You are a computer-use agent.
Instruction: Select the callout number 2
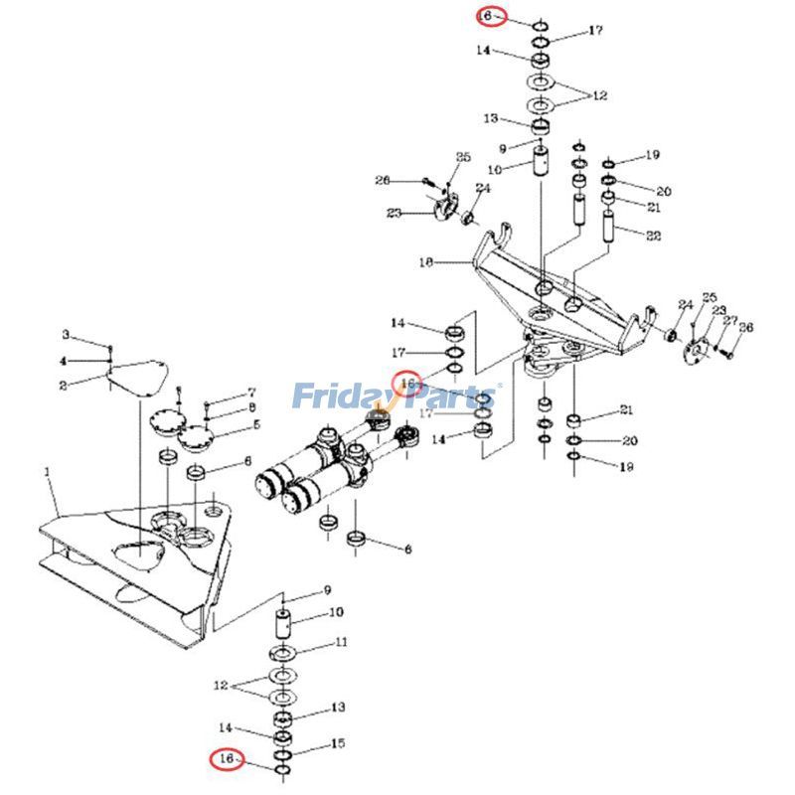(62, 385)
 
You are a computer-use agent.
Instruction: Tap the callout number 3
(67, 334)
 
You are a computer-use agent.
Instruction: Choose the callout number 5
(255, 425)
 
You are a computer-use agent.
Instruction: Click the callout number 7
(251, 393)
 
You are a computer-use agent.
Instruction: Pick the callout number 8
(252, 407)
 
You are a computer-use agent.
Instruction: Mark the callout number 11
(341, 642)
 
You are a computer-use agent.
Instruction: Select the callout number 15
(338, 743)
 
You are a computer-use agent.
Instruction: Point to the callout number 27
(732, 320)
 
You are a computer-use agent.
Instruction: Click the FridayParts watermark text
(397, 397)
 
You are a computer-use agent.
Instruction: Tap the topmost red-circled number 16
(487, 17)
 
